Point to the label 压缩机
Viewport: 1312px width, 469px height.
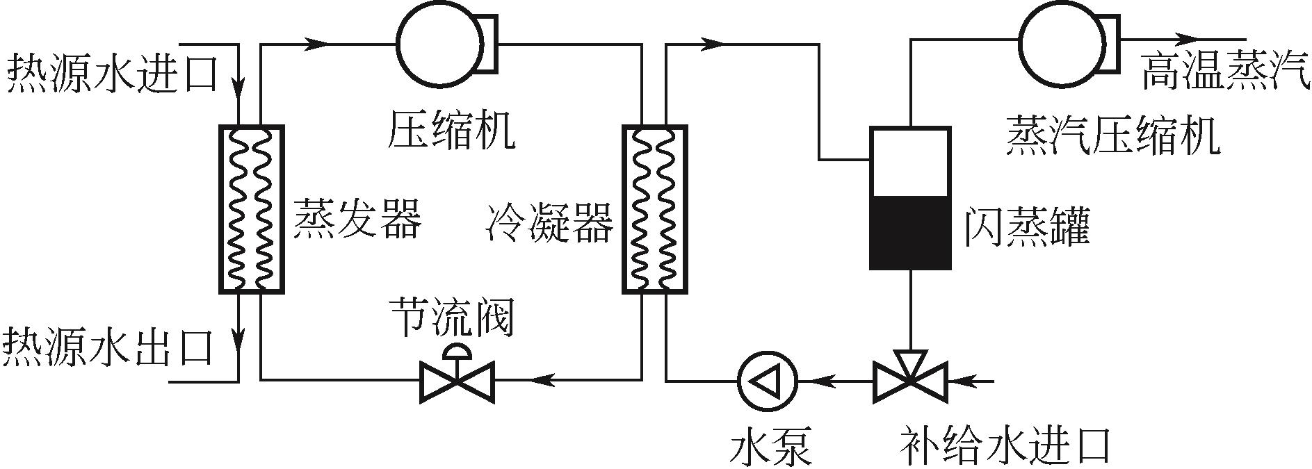click(x=451, y=130)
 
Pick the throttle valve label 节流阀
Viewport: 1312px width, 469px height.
click(x=451, y=317)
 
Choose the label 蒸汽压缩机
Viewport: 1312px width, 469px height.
click(x=1112, y=135)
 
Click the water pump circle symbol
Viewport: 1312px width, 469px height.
click(x=768, y=380)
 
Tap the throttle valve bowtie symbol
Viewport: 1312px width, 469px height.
click(x=457, y=380)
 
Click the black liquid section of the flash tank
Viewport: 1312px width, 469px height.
click(x=910, y=232)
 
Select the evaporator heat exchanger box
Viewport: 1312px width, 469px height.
click(x=251, y=209)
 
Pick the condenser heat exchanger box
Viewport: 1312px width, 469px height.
click(x=654, y=209)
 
